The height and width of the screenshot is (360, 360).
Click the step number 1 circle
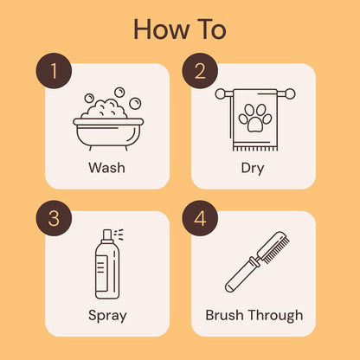click(54, 71)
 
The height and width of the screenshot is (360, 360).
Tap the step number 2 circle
click(200, 71)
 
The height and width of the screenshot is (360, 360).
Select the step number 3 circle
click(54, 218)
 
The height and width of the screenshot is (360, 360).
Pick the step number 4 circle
click(200, 218)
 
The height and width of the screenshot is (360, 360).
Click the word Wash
click(106, 168)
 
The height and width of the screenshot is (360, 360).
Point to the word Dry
click(253, 169)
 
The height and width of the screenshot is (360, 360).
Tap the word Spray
click(107, 316)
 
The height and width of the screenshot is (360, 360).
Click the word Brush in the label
click(224, 315)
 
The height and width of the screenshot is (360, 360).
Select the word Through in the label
click(275, 316)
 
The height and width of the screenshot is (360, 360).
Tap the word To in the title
click(209, 29)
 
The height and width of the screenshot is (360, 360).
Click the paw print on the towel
click(255, 119)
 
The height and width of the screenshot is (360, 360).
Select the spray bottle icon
click(107, 264)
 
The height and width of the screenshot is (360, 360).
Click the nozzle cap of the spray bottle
click(107, 235)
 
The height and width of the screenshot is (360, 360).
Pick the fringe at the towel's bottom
click(255, 148)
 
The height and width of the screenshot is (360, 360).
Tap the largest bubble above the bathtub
click(135, 103)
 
